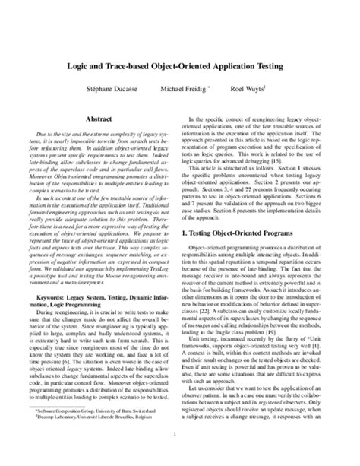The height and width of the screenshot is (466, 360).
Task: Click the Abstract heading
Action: tap(100, 119)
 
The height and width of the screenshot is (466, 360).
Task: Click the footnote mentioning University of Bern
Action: tap(101, 409)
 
